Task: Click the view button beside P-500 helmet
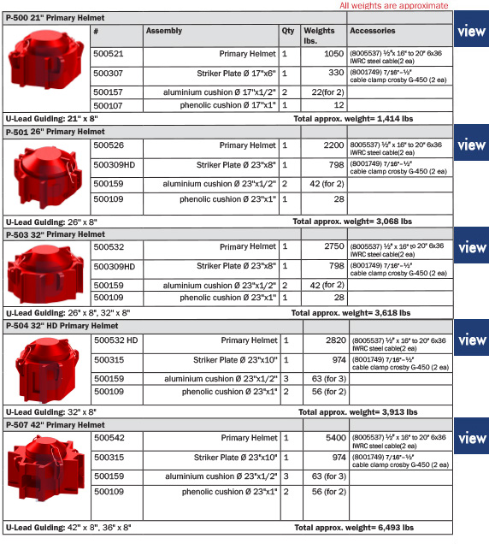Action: coord(472,33)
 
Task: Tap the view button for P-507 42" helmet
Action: coord(472,439)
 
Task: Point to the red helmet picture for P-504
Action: coord(45,371)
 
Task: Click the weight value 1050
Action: coord(333,54)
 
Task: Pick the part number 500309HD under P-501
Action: coord(115,163)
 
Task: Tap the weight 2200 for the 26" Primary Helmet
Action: coord(333,146)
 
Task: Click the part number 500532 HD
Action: coord(115,340)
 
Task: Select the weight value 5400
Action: coord(333,438)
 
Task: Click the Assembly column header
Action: coord(164,31)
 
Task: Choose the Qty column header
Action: coord(288,31)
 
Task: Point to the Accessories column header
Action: coord(372,31)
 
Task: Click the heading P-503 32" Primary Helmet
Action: coord(57,234)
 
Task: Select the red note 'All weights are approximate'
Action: coord(393,6)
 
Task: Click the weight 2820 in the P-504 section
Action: coord(333,340)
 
